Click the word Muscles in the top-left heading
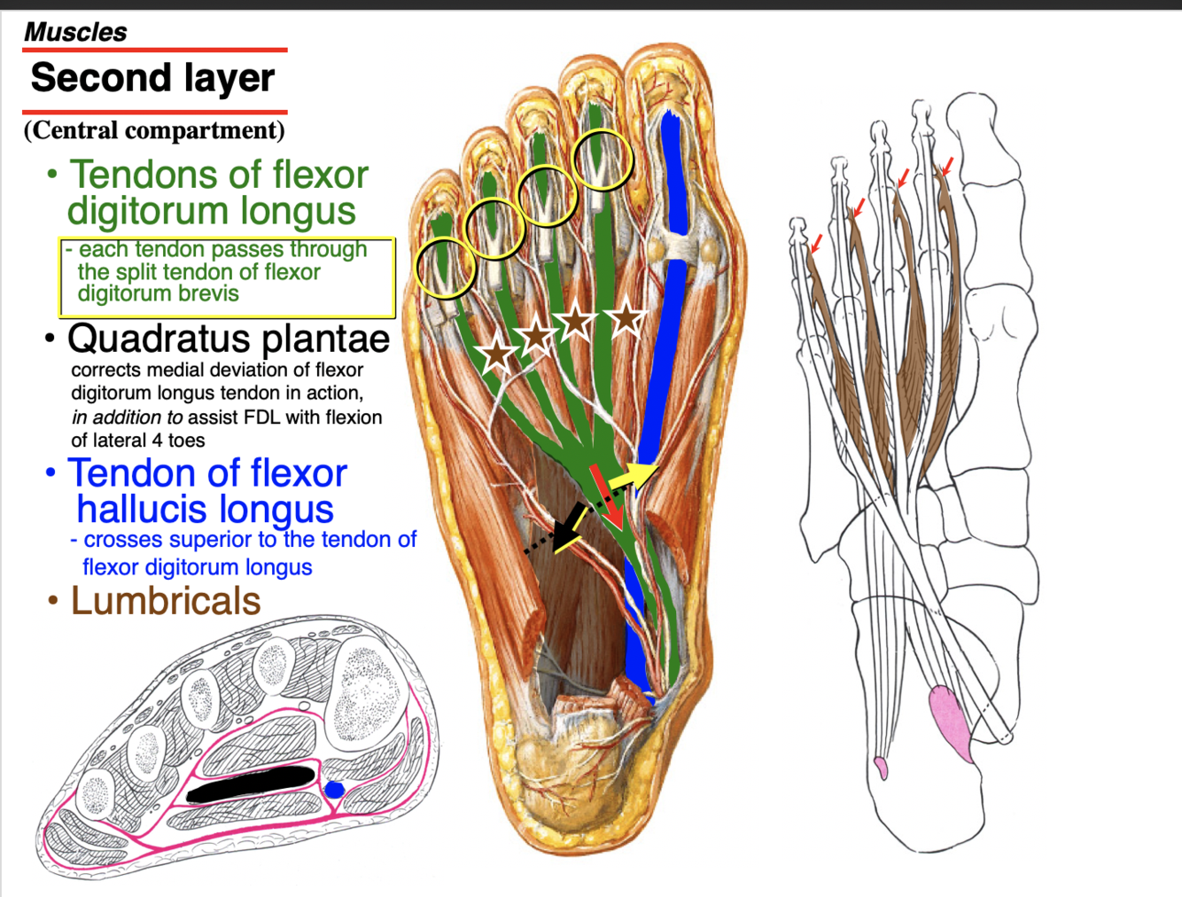75,32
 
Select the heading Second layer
152,78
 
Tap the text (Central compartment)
154,130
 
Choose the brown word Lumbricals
166,601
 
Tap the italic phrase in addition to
127,417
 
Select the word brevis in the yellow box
203,293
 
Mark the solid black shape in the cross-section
252,784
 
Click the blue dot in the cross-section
334,790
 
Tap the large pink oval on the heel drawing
951,723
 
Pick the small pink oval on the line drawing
881,767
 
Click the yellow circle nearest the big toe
603,160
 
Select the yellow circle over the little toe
446,268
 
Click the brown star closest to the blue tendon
626,316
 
